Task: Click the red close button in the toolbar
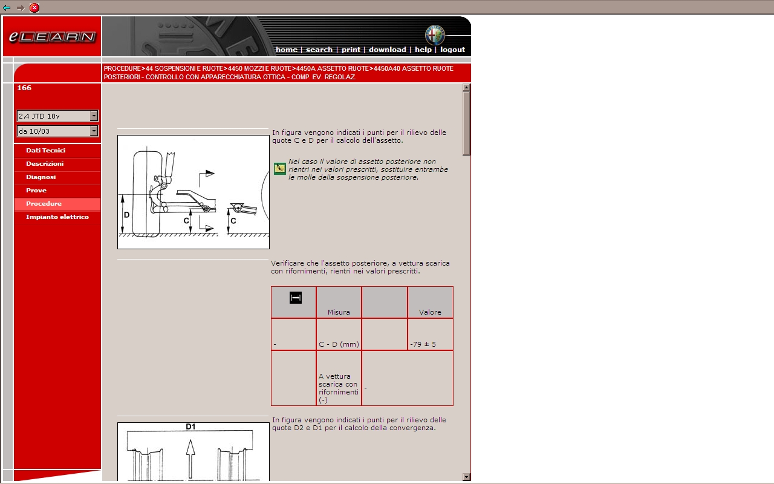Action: (34, 8)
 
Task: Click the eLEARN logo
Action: (52, 36)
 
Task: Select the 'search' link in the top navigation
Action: (319, 50)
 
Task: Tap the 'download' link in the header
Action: (387, 50)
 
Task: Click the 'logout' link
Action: (452, 50)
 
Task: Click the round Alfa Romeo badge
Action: (435, 35)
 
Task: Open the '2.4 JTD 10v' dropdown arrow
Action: (94, 116)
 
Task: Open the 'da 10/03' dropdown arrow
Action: (94, 131)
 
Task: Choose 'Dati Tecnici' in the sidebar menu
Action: (45, 151)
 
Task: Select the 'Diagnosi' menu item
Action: (41, 177)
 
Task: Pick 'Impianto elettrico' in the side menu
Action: (57, 217)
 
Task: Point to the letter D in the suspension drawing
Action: (127, 215)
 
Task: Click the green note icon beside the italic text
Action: (279, 169)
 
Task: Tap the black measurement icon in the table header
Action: (296, 298)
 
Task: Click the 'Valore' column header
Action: (430, 312)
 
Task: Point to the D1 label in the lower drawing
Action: (190, 427)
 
